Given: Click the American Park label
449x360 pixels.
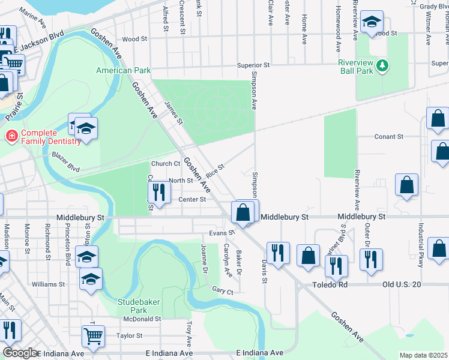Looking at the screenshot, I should [124, 70].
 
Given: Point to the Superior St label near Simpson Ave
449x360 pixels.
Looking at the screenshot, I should [254, 65].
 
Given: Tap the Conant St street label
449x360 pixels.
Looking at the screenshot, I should [388, 137].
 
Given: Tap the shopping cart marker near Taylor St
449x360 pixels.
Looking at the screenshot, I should [94, 337].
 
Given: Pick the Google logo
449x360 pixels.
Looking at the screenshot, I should [19, 353].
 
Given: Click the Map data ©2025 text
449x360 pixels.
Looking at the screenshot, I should [423, 355].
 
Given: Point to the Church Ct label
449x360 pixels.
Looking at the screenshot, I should [166, 164].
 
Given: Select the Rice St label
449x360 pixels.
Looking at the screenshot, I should [215, 170].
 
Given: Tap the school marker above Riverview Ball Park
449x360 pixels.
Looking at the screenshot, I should [372, 23].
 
